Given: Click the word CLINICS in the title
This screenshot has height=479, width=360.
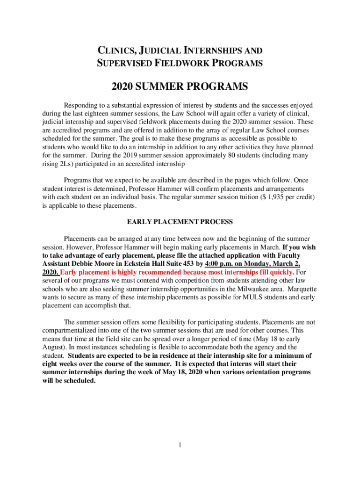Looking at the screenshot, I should pos(114,50).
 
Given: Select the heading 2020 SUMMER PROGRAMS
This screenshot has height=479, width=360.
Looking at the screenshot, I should pos(180,87).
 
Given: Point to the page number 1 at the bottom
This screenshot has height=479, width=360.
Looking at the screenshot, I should pos(180,444).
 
